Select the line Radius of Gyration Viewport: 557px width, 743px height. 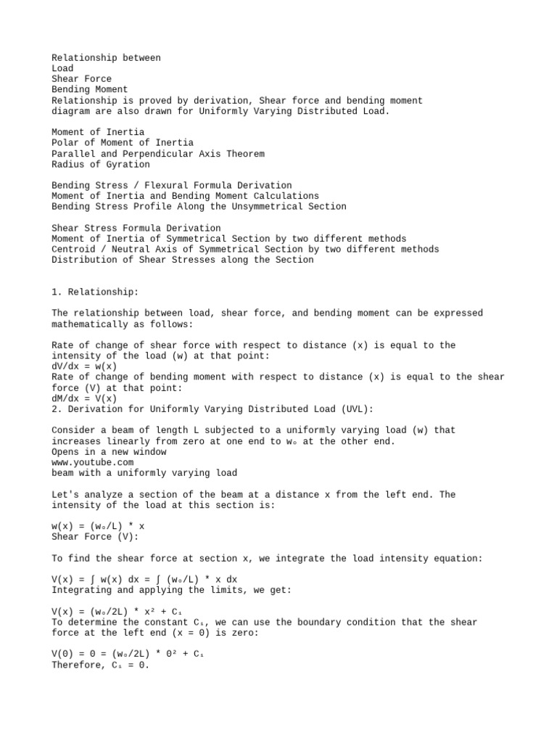point(101,164)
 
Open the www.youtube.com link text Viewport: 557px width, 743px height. point(93,462)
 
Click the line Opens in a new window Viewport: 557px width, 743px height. point(109,452)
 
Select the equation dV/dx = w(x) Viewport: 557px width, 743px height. point(84,366)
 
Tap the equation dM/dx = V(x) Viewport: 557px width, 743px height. point(84,398)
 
